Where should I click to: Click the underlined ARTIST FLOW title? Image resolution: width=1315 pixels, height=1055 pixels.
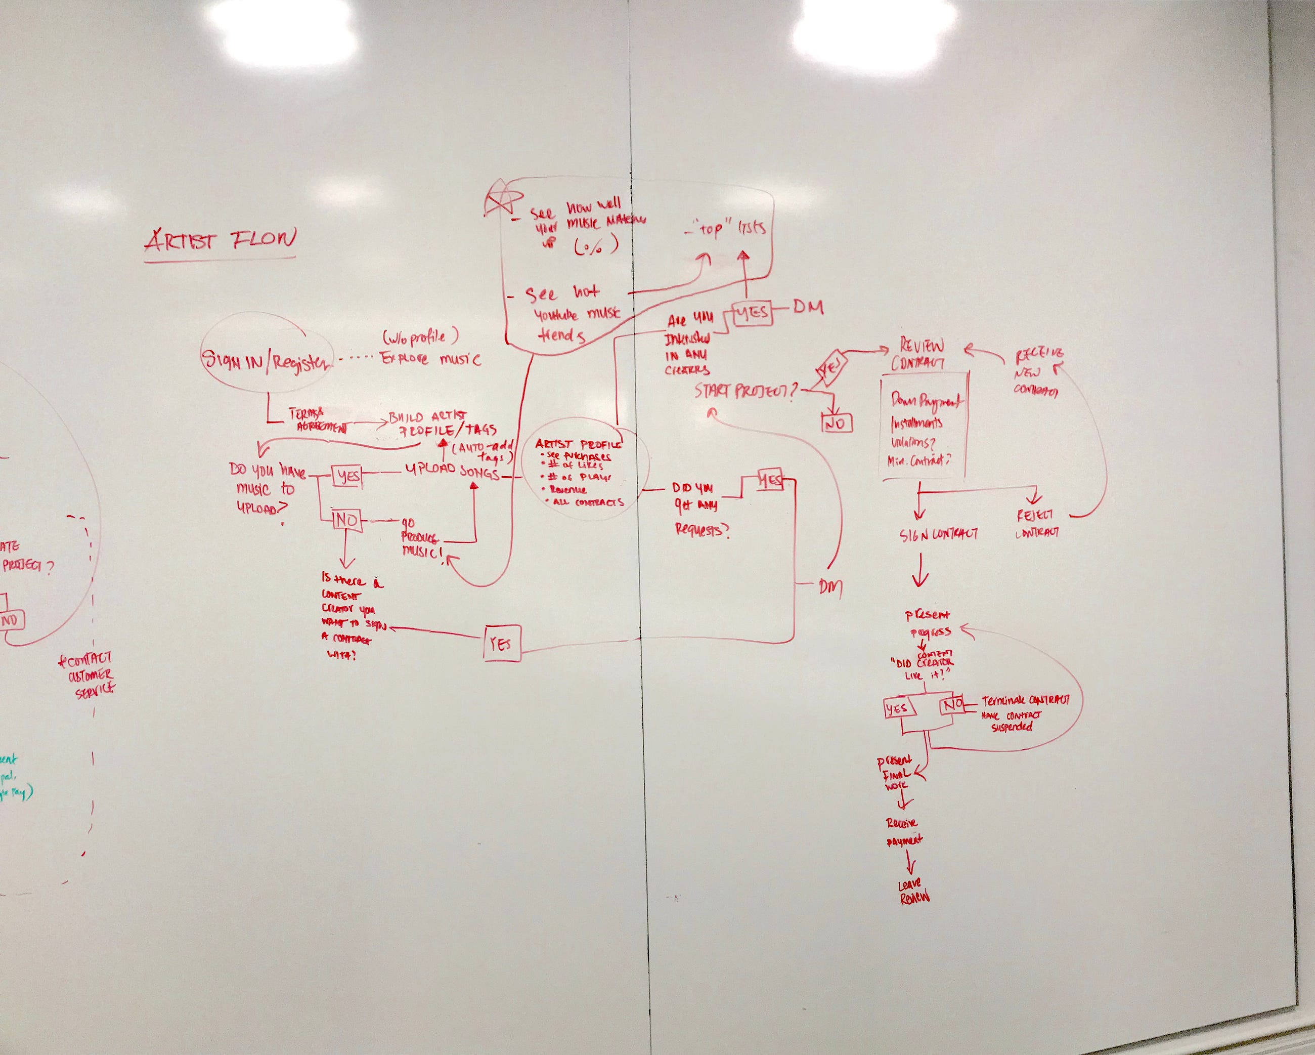tap(221, 240)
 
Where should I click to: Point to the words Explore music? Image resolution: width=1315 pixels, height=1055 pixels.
tap(430, 358)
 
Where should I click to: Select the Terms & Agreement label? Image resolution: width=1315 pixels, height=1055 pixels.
tap(317, 420)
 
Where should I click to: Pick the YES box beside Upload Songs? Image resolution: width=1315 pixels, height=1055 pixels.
tap(347, 476)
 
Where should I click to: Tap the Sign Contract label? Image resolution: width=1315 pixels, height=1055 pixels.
tap(939, 534)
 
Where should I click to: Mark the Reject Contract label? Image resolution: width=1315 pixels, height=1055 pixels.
tap(1036, 524)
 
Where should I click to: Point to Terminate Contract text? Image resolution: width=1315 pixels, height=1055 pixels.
tap(1025, 700)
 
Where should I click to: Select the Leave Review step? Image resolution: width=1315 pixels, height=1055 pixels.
tap(913, 892)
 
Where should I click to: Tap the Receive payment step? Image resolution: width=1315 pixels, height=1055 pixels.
tap(904, 832)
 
